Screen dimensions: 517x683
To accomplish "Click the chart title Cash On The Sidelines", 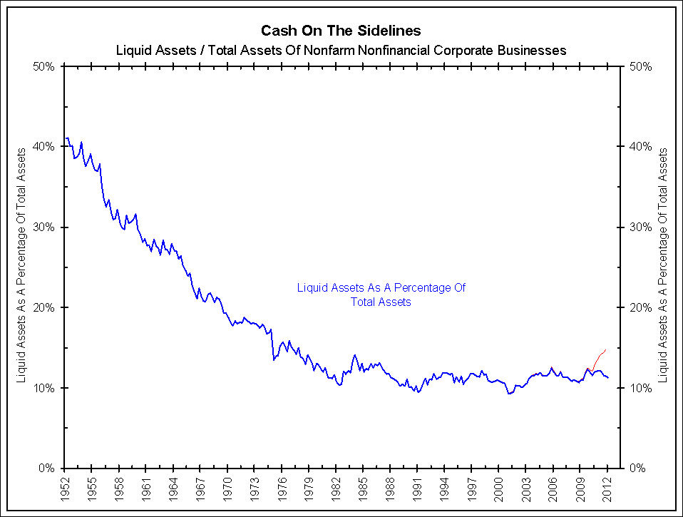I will pyautogui.click(x=341, y=31).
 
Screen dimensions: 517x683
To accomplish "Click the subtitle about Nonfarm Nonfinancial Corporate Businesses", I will pyautogui.click(x=341, y=51).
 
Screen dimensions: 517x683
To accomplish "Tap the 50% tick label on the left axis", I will pyautogui.click(x=44, y=66).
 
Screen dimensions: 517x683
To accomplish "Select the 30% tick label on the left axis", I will pyautogui.click(x=44, y=227).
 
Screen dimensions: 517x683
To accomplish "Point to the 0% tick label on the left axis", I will pyautogui.click(x=47, y=469).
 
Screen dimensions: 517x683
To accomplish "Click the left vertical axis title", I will pyautogui.click(x=21, y=265).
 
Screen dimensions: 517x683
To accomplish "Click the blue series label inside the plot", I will pyautogui.click(x=381, y=295).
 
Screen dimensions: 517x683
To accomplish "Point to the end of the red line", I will pyautogui.click(x=605, y=349).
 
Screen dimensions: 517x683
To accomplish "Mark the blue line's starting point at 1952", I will pyautogui.click(x=66, y=138).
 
